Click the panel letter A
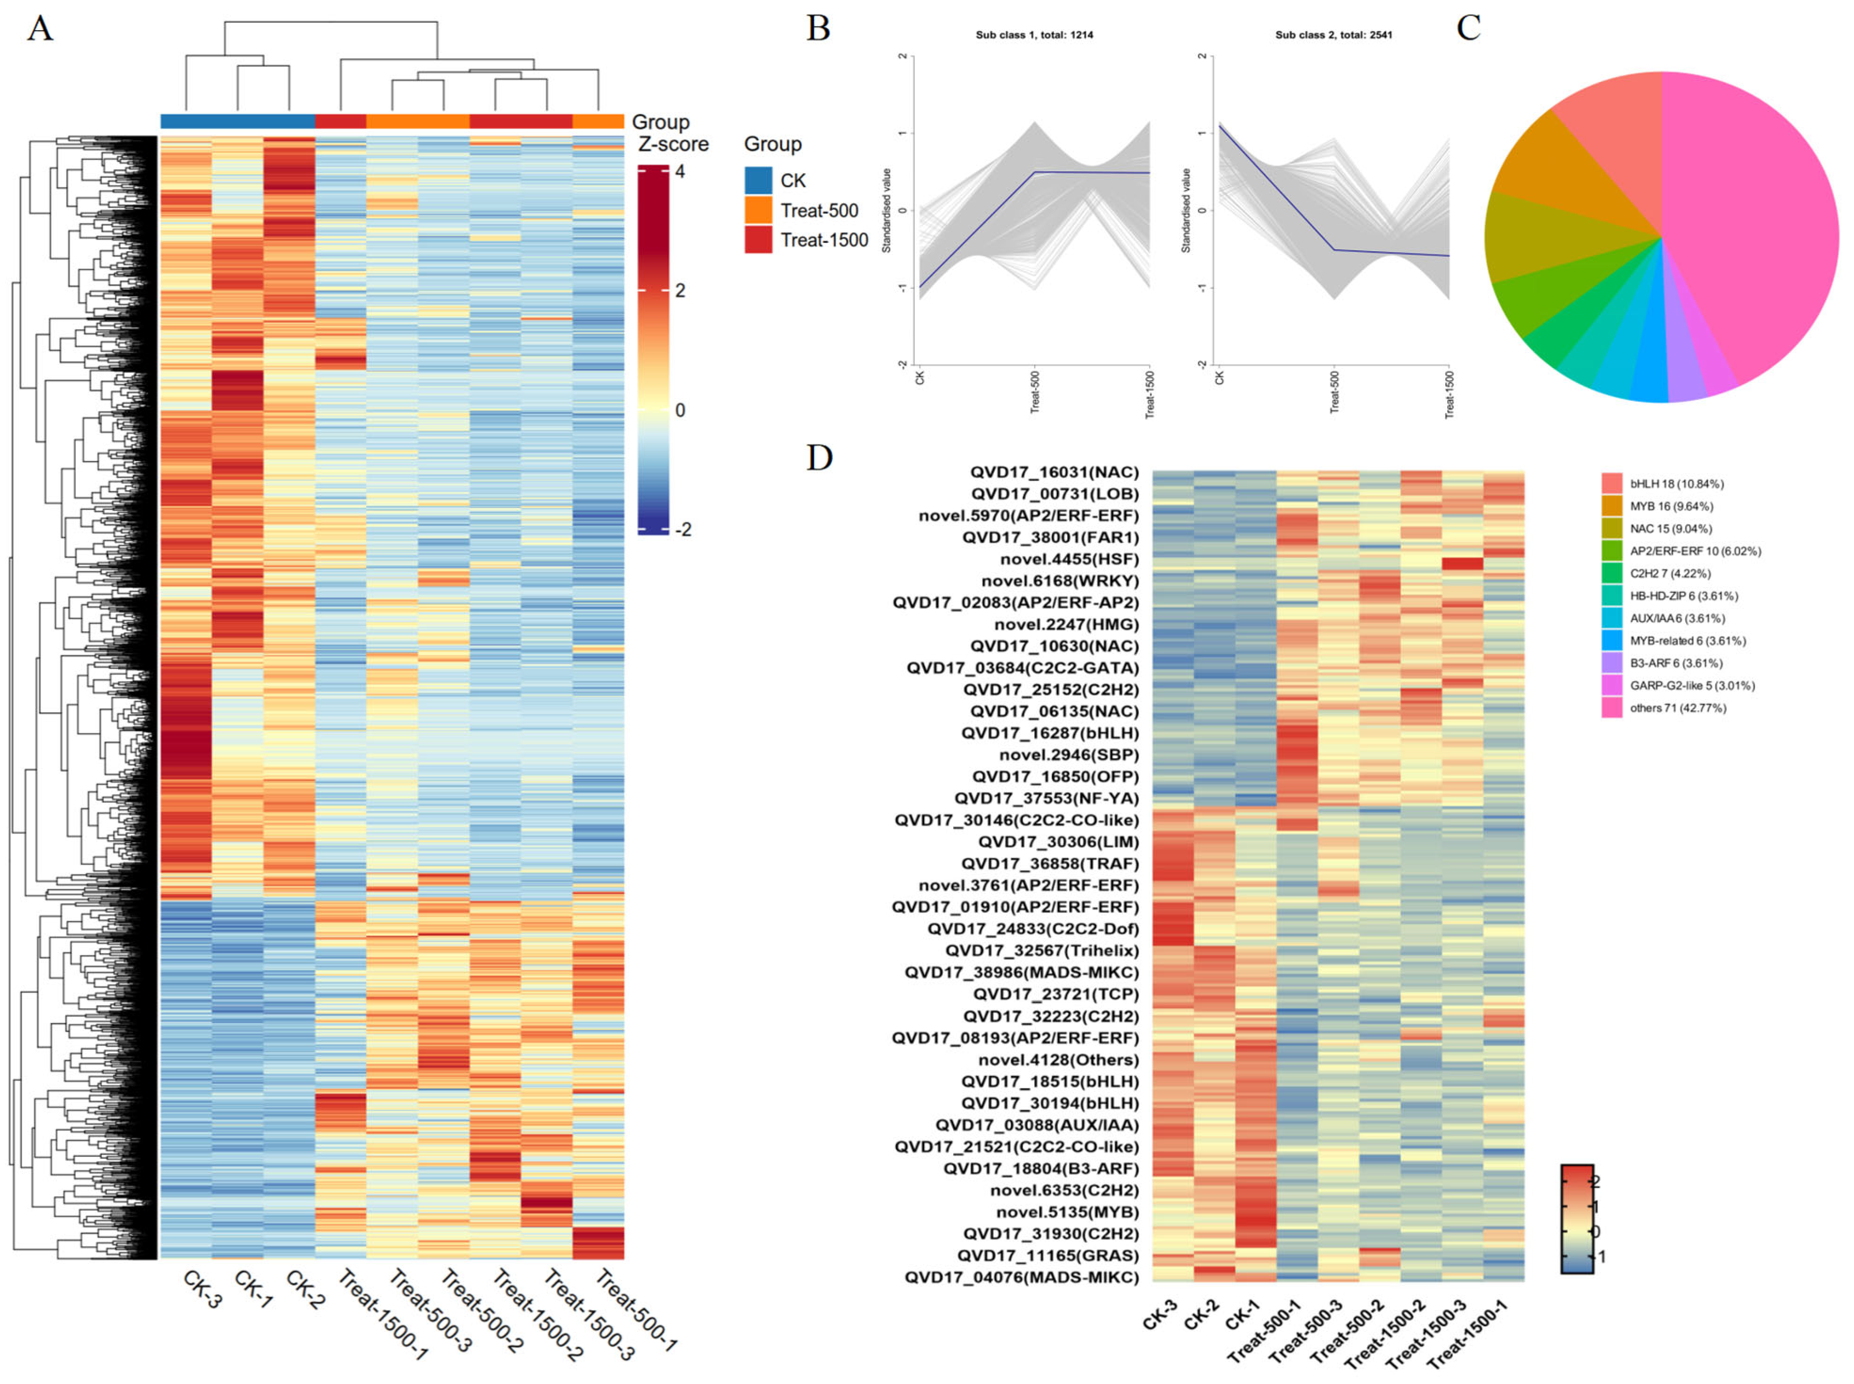[40, 29]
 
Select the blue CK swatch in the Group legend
[758, 180]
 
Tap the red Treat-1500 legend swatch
[758, 239]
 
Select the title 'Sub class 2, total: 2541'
[1333, 35]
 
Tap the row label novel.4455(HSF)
[1070, 559]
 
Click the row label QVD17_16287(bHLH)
[1049, 733]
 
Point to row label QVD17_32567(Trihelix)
[1042, 950]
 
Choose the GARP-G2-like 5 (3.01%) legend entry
[1692, 685]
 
